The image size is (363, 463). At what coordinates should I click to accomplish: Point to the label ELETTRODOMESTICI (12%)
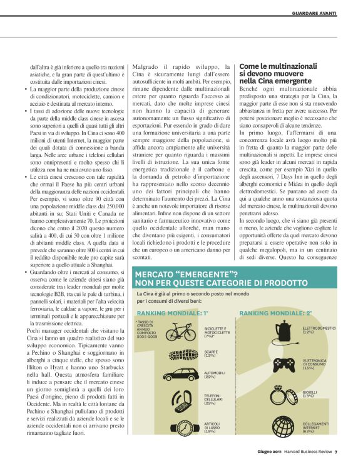319,329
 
